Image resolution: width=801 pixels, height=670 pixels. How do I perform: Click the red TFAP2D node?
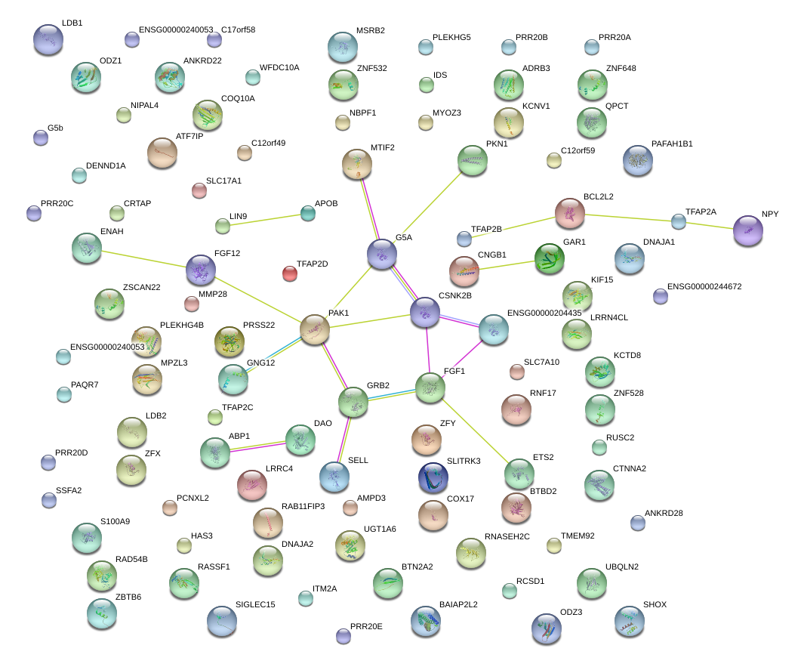click(x=289, y=273)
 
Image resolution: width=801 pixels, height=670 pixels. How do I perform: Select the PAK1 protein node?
click(x=315, y=329)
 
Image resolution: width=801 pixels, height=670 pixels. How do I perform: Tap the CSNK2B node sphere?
click(x=425, y=312)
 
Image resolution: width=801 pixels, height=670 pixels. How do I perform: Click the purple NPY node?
click(x=748, y=230)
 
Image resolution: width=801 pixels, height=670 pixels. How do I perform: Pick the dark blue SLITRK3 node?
click(x=433, y=477)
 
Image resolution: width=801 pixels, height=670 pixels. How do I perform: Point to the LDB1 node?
click(x=48, y=40)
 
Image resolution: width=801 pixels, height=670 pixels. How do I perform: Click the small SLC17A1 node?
click(x=199, y=190)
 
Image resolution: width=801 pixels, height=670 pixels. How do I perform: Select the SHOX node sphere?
click(x=630, y=621)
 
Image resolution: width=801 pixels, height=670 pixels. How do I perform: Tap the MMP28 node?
click(x=192, y=304)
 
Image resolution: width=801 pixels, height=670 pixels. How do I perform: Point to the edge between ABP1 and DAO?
click(x=257, y=446)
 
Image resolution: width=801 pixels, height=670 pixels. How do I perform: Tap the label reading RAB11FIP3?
click(x=303, y=506)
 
